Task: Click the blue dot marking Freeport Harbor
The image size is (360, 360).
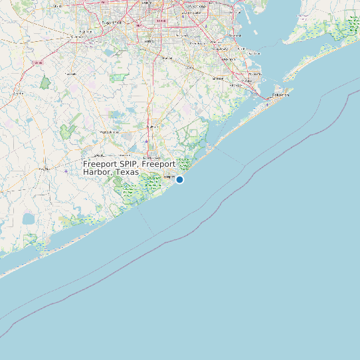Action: [x=179, y=179]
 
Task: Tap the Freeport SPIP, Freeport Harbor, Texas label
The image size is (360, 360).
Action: [x=129, y=167]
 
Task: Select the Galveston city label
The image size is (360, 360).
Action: [x=280, y=95]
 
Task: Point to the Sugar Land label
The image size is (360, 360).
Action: [x=112, y=23]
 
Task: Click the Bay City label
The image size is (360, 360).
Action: [x=45, y=169]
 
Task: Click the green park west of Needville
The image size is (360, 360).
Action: [x=45, y=84]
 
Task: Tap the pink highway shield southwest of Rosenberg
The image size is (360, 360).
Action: [x=37, y=62]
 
